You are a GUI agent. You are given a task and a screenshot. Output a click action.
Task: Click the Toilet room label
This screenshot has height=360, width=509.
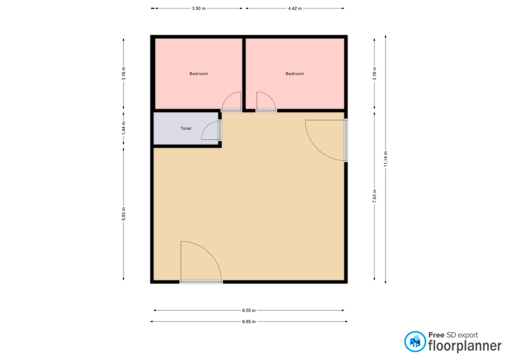(186, 128)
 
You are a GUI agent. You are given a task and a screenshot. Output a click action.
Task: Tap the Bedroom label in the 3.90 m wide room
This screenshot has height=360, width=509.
(199, 74)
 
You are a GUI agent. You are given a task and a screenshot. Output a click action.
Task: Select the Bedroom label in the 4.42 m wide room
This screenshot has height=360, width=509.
(295, 74)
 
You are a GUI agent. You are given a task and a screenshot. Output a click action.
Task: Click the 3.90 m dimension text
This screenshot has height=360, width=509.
(199, 8)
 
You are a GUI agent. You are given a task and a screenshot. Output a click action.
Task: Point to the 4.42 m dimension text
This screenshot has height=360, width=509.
(295, 8)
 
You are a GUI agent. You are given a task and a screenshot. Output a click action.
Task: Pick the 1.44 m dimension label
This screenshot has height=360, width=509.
(124, 128)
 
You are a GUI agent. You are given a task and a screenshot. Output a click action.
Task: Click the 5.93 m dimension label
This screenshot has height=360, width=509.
(124, 214)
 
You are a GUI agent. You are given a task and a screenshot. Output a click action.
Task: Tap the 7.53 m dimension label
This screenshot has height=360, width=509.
(375, 196)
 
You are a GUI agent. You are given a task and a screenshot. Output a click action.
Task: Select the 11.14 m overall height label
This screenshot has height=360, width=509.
(385, 159)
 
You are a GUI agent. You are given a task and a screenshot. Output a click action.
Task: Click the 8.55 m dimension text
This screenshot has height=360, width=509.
(249, 310)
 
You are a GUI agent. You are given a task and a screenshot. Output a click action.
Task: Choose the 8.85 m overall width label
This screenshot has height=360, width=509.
(249, 322)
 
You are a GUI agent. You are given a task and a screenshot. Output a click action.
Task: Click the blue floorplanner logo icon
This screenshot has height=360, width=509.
(415, 341)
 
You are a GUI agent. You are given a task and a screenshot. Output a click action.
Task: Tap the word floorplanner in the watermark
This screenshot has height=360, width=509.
(465, 346)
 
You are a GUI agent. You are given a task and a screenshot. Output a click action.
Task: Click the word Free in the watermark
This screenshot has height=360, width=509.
(436, 335)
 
